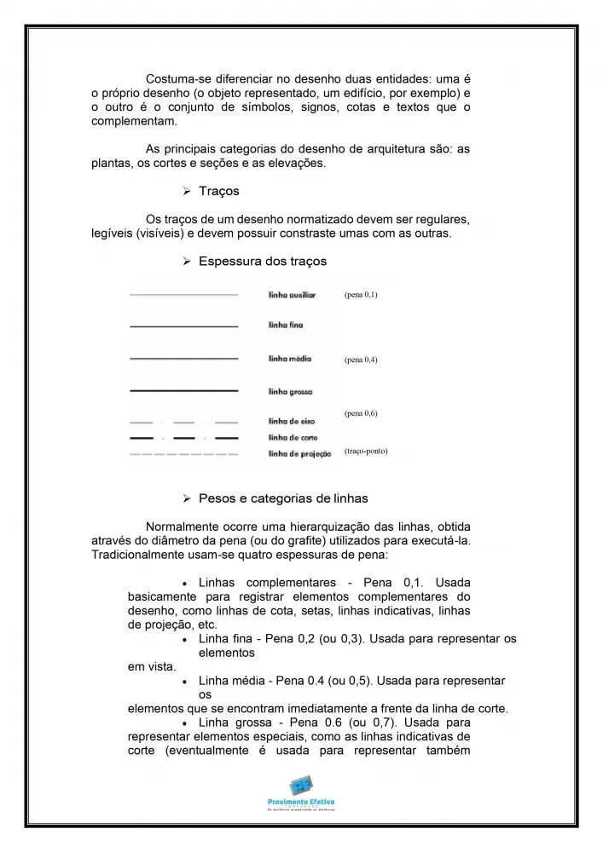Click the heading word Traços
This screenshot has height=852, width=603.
[x=218, y=191]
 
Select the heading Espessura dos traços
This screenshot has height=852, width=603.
[x=262, y=261]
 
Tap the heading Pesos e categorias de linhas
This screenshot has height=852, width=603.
[x=283, y=498]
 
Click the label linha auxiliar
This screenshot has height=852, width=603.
[x=292, y=295]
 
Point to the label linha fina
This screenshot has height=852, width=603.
[x=286, y=325]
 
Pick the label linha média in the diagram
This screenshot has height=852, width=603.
[x=289, y=359]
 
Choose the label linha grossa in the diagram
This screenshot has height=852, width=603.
[x=290, y=391]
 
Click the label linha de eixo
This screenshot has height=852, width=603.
[x=293, y=421]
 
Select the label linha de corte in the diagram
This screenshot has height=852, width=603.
[x=293, y=437]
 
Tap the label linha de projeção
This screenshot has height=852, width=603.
[x=299, y=453]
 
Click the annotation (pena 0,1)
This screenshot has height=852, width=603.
[x=361, y=295]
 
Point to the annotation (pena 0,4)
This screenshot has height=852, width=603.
[x=361, y=360]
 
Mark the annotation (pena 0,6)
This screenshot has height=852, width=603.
[x=361, y=413]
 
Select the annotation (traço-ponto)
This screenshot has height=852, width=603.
[x=366, y=451]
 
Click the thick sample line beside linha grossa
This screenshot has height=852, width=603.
[x=183, y=390]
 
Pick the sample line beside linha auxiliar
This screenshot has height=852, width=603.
[x=183, y=295]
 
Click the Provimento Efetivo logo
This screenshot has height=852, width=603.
[x=301, y=792]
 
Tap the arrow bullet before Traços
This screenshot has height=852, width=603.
[x=187, y=192]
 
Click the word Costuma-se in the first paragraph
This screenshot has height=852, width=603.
[x=177, y=78]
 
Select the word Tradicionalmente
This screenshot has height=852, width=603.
[x=141, y=555]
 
